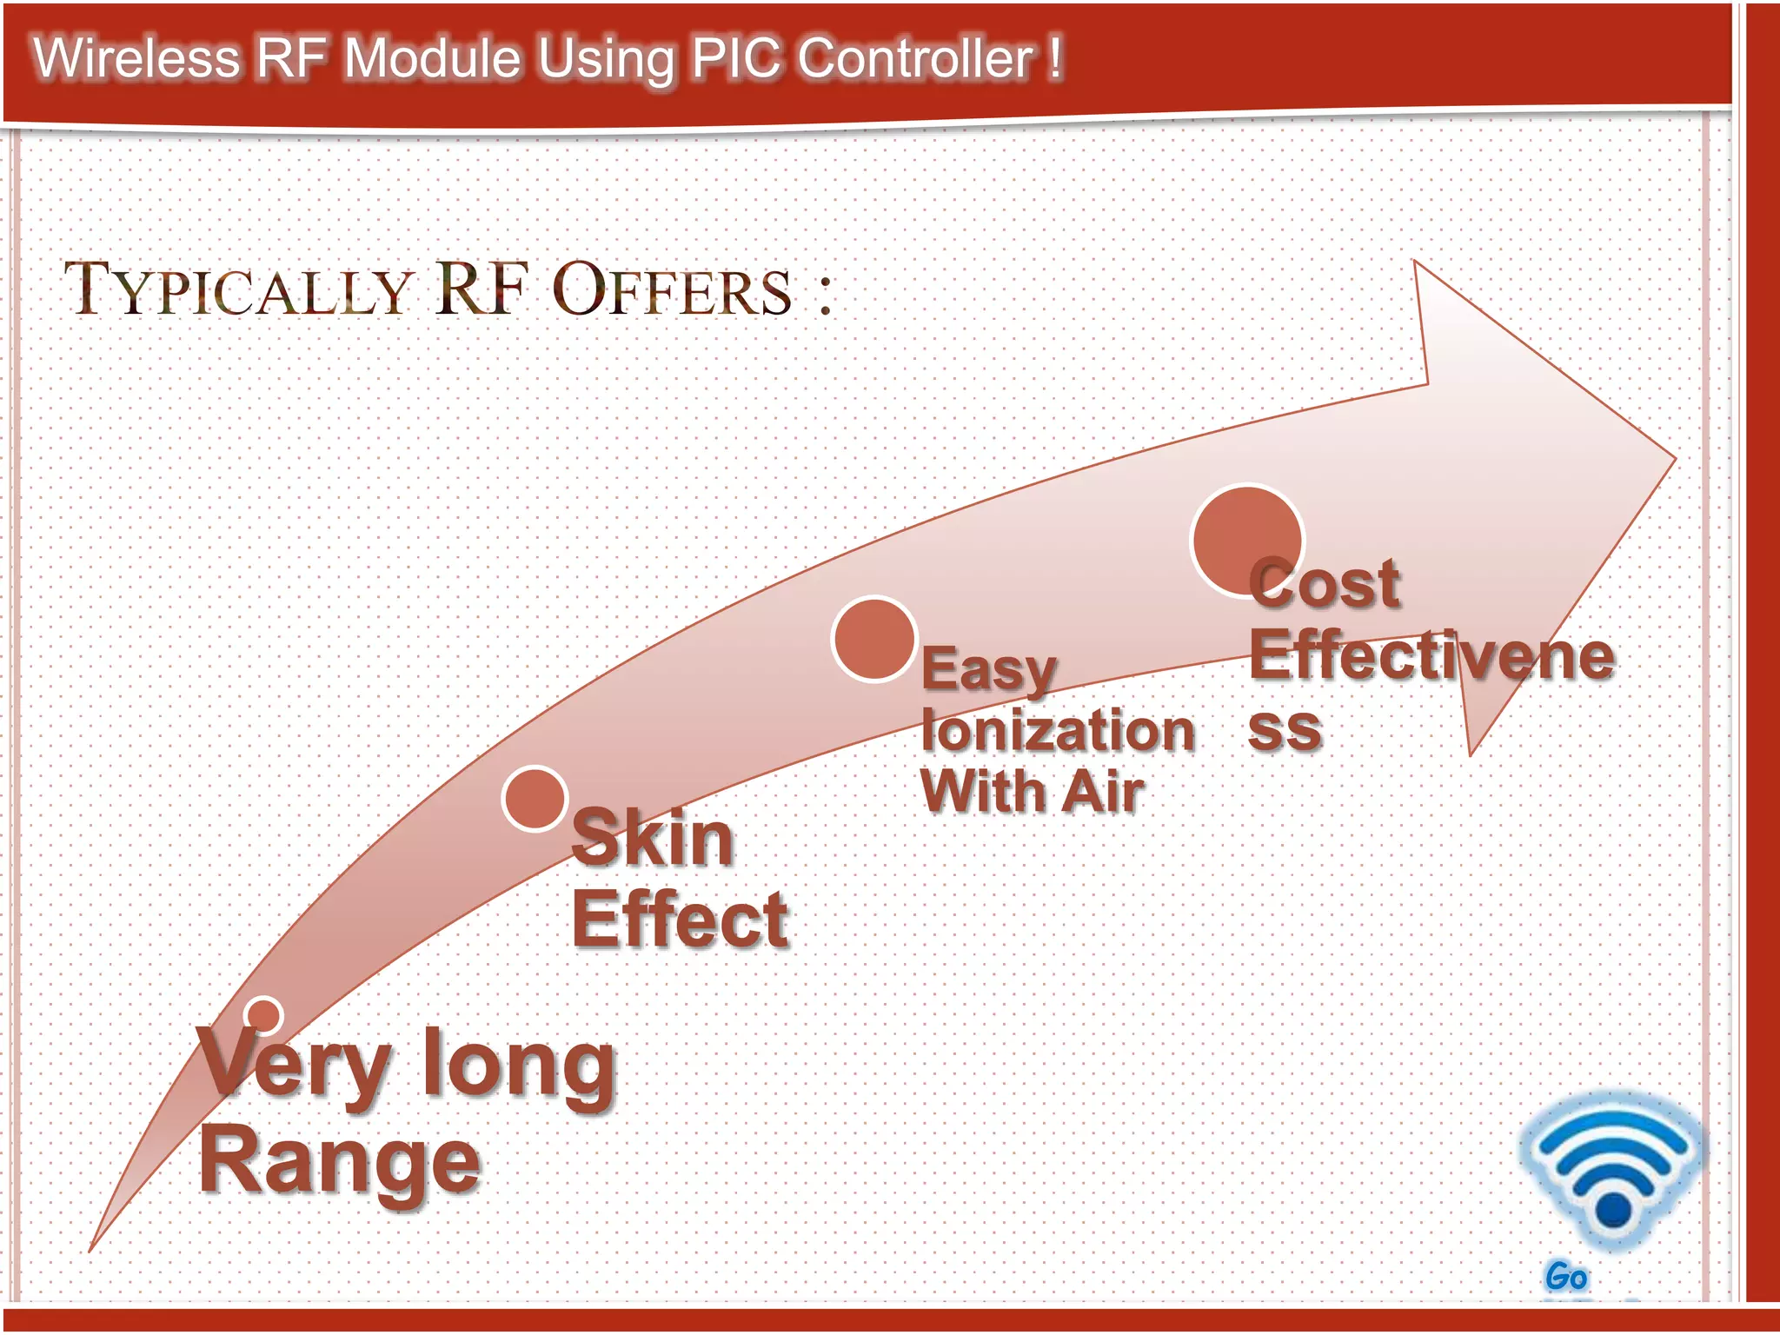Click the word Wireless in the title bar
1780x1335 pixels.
point(136,59)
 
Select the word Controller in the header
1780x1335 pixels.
point(915,59)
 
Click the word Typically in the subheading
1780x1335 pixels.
point(237,290)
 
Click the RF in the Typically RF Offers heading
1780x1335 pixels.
point(482,289)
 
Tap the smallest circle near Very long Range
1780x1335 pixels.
point(263,1014)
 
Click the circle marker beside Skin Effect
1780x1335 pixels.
point(535,799)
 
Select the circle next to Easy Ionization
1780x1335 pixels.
point(874,639)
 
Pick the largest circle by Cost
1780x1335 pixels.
point(1247,541)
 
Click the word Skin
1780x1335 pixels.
point(653,839)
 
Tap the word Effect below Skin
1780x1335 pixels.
point(680,920)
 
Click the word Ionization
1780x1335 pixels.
point(1058,730)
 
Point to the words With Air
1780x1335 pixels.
point(1032,792)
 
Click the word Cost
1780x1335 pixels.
point(1325,584)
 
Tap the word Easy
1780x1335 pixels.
point(988,670)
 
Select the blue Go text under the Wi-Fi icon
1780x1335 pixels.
point(1566,1277)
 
